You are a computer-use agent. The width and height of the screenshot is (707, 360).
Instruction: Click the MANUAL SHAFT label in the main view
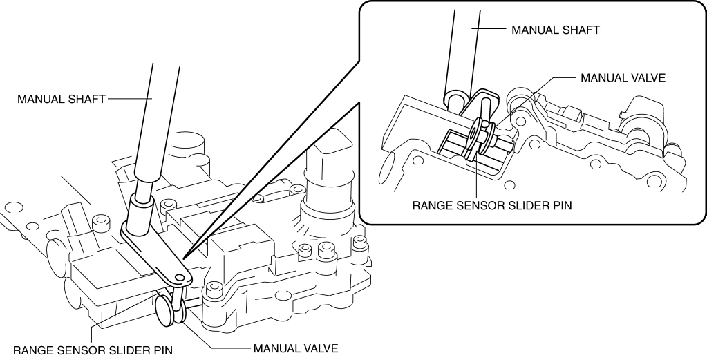[x=61, y=99]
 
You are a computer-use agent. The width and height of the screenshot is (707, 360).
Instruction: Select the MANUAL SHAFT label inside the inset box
[x=556, y=30]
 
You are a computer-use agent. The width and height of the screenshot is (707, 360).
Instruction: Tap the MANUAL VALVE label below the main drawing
[x=296, y=348]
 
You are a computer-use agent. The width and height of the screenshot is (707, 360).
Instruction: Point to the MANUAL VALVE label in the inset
[x=623, y=78]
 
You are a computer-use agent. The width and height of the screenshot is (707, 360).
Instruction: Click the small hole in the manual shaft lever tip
[x=180, y=277]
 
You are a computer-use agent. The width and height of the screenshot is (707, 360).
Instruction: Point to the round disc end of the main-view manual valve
[x=164, y=311]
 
